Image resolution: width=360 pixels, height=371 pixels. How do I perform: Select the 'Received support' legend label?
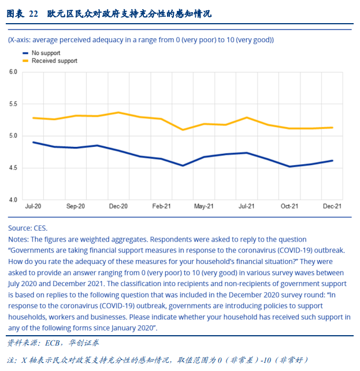(54, 61)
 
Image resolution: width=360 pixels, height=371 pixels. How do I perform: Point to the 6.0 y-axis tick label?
(13, 72)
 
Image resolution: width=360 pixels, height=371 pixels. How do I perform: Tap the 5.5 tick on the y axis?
(13, 104)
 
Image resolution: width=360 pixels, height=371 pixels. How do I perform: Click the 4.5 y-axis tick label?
(13, 168)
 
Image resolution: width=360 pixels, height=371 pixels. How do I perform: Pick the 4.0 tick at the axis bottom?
(13, 200)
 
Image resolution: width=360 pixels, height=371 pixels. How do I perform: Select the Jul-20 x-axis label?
(33, 206)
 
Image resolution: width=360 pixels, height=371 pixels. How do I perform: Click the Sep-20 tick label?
(76, 206)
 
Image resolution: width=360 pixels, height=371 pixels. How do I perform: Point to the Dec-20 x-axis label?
(118, 206)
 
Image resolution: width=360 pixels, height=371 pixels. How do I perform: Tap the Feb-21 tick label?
(161, 206)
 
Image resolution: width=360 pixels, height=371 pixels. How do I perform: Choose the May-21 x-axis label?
(204, 206)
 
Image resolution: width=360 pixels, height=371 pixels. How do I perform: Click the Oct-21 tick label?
(290, 206)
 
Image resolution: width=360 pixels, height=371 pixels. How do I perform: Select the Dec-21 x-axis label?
(332, 206)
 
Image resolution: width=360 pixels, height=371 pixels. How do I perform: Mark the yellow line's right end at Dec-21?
(332, 128)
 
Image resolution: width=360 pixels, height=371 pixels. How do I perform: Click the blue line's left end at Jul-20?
(34, 142)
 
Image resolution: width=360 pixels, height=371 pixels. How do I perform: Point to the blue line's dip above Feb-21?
(183, 166)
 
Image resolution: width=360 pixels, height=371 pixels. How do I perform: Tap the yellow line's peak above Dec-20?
(118, 112)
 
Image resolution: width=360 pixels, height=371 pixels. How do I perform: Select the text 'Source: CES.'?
(28, 228)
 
